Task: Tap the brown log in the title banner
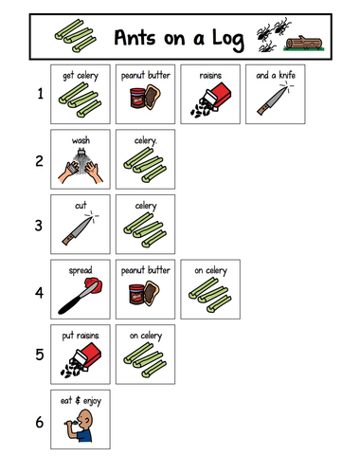point(304,43)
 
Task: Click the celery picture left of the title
point(75,35)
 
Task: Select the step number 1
point(40,94)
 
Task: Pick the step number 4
point(39,293)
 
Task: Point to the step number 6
point(40,422)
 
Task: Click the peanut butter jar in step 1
point(137,99)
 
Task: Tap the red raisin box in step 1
point(218,95)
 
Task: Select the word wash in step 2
point(81,140)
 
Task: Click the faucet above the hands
point(81,154)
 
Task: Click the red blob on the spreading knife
point(94,284)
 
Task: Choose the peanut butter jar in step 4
point(136,294)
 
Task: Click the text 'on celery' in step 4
point(210,271)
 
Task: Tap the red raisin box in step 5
point(87,355)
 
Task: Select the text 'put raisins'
point(81,336)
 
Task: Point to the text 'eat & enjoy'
point(81,401)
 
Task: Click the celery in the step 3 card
point(145,229)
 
